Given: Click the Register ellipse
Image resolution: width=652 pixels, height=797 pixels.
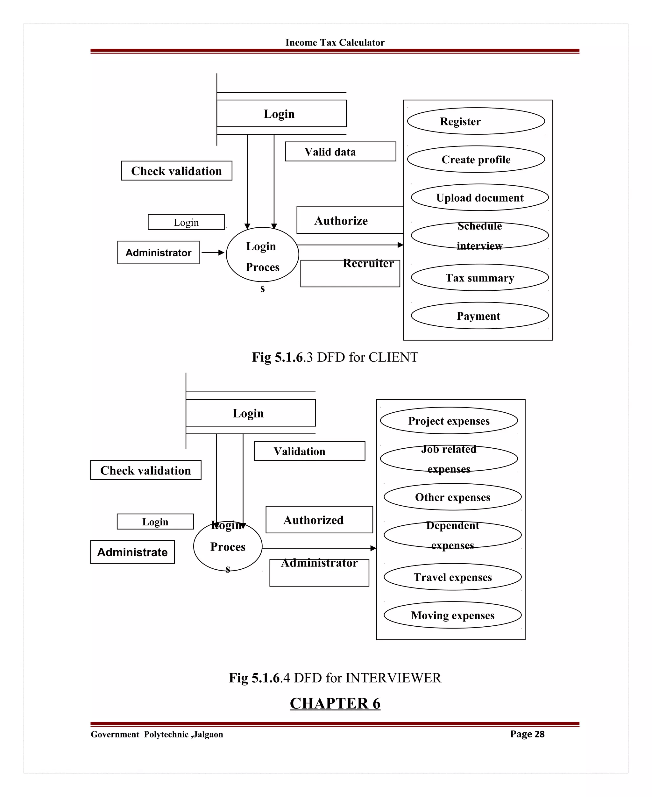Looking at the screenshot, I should tap(476, 121).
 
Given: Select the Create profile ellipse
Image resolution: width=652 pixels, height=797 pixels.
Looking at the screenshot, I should tap(476, 159).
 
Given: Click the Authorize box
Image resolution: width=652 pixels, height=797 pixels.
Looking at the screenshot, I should tap(349, 220).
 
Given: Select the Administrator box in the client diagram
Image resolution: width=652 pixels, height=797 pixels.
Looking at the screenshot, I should tap(158, 253).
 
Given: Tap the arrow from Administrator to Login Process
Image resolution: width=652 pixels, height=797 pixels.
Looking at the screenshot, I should tap(213, 253).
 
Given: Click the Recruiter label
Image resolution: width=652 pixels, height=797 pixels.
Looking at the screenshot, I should tap(368, 263).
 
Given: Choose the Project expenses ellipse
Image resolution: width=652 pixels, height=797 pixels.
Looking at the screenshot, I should tap(449, 421).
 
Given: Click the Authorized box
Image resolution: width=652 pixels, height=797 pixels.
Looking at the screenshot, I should tap(319, 520).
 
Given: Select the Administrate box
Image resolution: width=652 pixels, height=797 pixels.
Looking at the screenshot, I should tap(132, 552).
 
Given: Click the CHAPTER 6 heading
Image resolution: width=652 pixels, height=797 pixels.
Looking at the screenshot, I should tap(335, 703).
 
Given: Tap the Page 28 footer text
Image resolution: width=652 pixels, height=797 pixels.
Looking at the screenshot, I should tap(527, 734).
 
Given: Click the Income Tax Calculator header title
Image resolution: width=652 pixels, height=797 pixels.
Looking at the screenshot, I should tap(335, 42).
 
